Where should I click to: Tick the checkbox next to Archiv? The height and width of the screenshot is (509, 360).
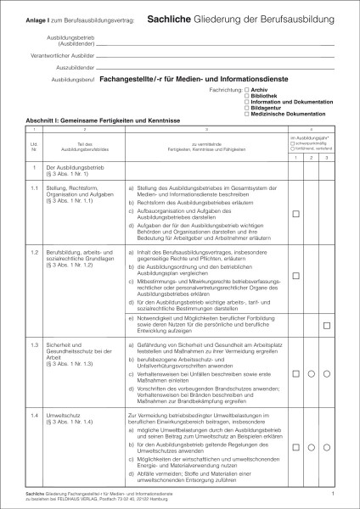pos(245,89)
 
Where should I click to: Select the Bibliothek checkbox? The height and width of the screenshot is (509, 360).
pos(245,94)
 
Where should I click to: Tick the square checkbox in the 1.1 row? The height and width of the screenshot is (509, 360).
pos(295,215)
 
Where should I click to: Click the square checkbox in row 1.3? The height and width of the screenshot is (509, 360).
pos(295,373)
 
